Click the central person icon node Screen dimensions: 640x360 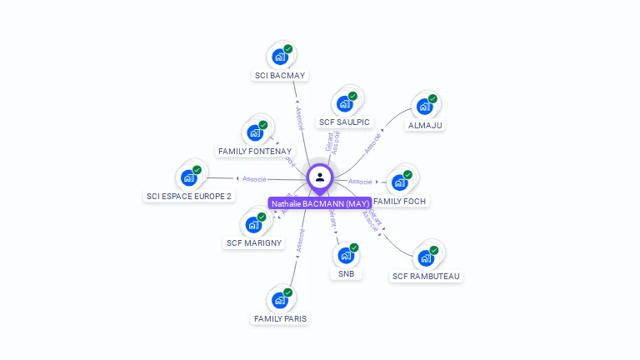click(320, 177)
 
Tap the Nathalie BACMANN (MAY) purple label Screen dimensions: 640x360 click(320, 203)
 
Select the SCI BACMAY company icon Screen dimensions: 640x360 click(281, 57)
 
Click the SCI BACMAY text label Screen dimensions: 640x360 click(281, 75)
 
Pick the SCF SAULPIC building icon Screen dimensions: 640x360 click(344, 104)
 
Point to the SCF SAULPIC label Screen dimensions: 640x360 click(344, 122)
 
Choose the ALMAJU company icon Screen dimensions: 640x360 click(425, 107)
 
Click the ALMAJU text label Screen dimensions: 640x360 click(425, 125)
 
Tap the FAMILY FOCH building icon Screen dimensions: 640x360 click(401, 182)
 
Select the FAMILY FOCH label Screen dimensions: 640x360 click(401, 201)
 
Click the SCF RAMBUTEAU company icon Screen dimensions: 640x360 click(427, 257)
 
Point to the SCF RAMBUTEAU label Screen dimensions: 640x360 click(426, 276)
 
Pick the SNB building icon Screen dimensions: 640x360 click(346, 255)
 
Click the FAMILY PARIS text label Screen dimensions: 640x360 click(280, 318)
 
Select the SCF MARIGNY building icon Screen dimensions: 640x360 click(254, 225)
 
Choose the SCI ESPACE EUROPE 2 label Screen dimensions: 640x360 click(189, 196)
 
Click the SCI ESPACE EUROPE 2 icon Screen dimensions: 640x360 click(189, 177)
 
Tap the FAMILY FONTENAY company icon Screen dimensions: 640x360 click(256, 132)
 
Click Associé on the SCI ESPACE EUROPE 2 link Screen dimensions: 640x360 click(254, 178)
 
